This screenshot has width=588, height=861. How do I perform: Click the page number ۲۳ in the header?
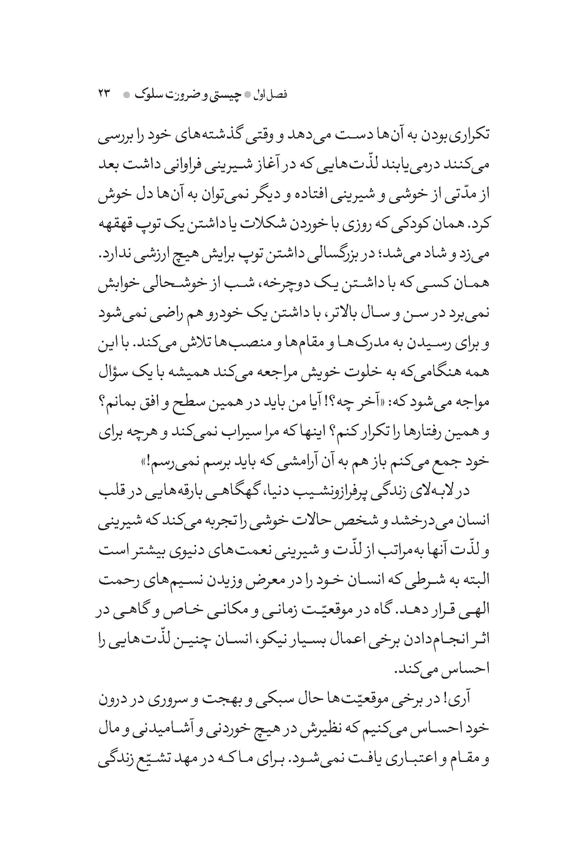105,94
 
